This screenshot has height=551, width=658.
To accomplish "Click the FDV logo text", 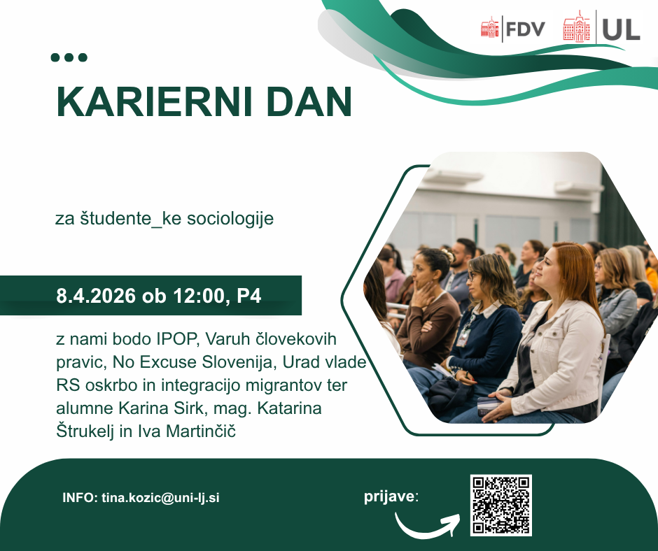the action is (526, 29).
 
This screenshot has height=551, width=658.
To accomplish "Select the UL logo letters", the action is (621, 29).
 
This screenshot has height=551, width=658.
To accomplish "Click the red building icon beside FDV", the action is (490, 28).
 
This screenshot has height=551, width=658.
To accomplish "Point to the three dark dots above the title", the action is (69, 57).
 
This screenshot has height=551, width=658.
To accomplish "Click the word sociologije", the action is (230, 219).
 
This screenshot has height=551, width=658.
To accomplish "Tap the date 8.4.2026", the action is (96, 296).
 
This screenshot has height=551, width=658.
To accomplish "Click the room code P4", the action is (248, 296).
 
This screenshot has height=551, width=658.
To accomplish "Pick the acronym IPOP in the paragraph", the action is (176, 339).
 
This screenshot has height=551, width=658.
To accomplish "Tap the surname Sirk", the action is (189, 408).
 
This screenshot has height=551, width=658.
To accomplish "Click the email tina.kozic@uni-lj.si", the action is (160, 498).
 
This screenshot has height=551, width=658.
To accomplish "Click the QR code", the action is (500, 506).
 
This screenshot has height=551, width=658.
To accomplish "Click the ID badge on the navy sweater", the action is (463, 337).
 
